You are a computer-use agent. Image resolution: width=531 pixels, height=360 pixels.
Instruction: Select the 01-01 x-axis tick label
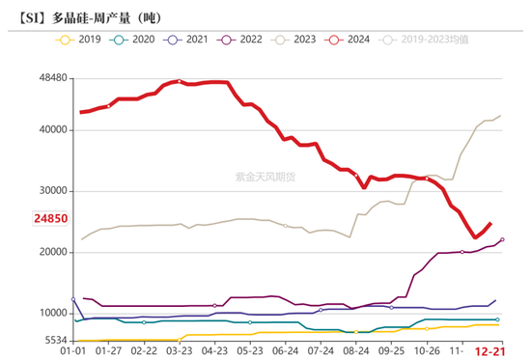click(73, 352)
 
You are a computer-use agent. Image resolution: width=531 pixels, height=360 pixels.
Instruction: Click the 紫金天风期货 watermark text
click(266, 177)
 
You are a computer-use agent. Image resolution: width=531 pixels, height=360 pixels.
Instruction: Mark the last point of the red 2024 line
click(490, 223)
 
